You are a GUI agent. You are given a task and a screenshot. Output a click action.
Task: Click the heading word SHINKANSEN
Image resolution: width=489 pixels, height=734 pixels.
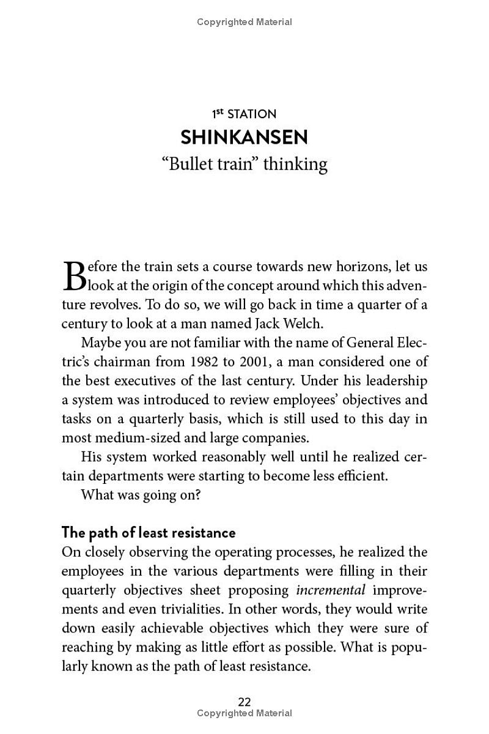tap(244, 137)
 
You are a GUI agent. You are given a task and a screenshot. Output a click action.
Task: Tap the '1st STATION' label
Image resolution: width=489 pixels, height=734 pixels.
tap(244, 114)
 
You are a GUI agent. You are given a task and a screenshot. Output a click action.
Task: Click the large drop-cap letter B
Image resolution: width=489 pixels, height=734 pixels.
tap(72, 276)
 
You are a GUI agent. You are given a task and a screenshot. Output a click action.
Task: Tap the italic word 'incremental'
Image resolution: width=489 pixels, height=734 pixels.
tap(331, 590)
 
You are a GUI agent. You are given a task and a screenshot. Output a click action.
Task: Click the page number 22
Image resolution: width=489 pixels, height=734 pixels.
tap(244, 702)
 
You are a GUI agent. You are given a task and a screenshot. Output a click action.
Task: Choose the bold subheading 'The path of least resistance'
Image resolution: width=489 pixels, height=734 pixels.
tap(149, 533)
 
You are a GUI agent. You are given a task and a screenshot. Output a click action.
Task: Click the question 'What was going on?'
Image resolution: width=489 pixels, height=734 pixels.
tap(141, 495)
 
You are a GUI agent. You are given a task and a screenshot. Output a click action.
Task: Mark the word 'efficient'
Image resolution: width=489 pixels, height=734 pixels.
tap(360, 476)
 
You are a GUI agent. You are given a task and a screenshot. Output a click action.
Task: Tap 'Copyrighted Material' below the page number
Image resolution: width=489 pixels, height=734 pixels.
tap(244, 713)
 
